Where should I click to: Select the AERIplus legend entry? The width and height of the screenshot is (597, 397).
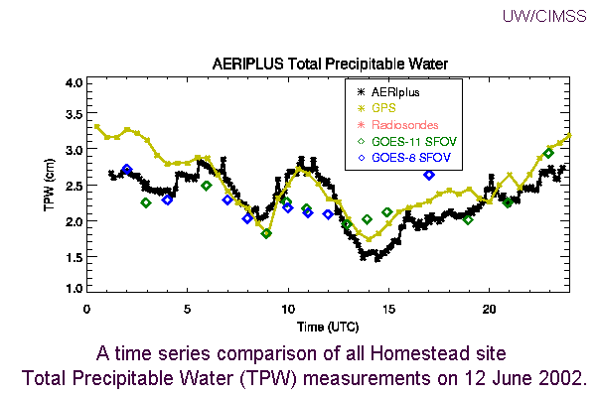click(395, 91)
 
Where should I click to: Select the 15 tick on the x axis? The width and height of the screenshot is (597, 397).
click(388, 309)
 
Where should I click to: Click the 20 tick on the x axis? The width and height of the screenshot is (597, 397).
click(489, 309)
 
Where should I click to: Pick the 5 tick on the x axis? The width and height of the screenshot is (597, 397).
click(188, 309)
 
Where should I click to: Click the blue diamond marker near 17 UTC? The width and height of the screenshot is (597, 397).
click(428, 175)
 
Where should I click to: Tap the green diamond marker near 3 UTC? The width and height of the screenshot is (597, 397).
click(146, 202)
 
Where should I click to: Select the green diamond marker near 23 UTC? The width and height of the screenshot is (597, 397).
click(548, 153)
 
